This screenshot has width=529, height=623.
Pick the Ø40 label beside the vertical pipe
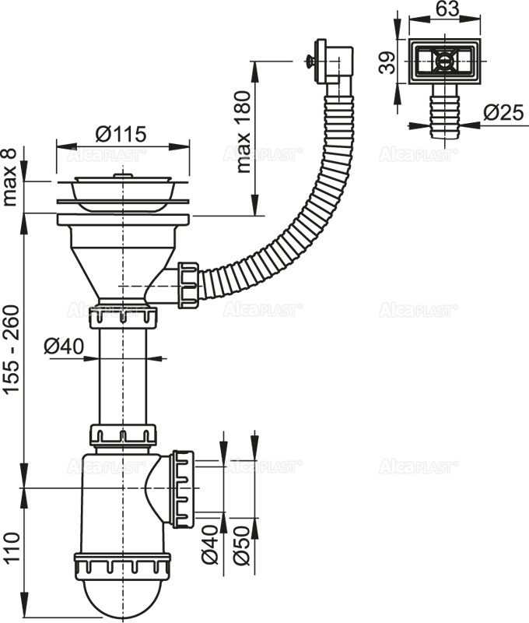tap(64, 345)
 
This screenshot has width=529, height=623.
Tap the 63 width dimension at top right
tap(447, 9)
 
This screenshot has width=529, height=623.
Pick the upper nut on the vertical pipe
tap(123, 316)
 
